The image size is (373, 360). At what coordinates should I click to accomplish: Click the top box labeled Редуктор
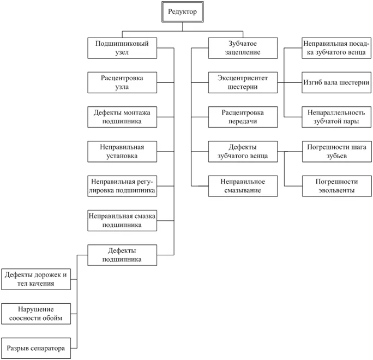(183, 12)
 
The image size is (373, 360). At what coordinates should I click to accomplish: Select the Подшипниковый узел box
(122, 48)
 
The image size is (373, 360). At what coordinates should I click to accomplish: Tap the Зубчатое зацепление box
(243, 48)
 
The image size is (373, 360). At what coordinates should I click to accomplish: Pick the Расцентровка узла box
(122, 82)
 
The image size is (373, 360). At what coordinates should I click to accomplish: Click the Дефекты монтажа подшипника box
(122, 117)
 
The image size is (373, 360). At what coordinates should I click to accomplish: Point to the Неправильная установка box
(122, 152)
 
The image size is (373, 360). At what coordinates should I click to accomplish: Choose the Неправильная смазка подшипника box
(122, 220)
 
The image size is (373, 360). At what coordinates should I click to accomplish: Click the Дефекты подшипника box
(122, 255)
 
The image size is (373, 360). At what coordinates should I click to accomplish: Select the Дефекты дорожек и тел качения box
(36, 279)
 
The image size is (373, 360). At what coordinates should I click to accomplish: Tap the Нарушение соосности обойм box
(36, 314)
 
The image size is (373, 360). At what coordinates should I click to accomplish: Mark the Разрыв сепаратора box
(36, 349)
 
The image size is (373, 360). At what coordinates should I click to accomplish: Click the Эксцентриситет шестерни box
(243, 82)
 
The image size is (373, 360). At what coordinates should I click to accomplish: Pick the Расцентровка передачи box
(243, 117)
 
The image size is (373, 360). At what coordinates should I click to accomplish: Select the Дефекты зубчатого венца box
(243, 152)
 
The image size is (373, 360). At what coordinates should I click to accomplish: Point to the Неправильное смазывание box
(243, 186)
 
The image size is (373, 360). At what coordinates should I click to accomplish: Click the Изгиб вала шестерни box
(336, 82)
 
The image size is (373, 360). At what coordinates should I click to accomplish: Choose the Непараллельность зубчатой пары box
(336, 117)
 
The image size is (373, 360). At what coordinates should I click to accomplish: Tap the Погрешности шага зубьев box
(337, 152)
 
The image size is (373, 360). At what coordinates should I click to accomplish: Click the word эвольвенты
(336, 190)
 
